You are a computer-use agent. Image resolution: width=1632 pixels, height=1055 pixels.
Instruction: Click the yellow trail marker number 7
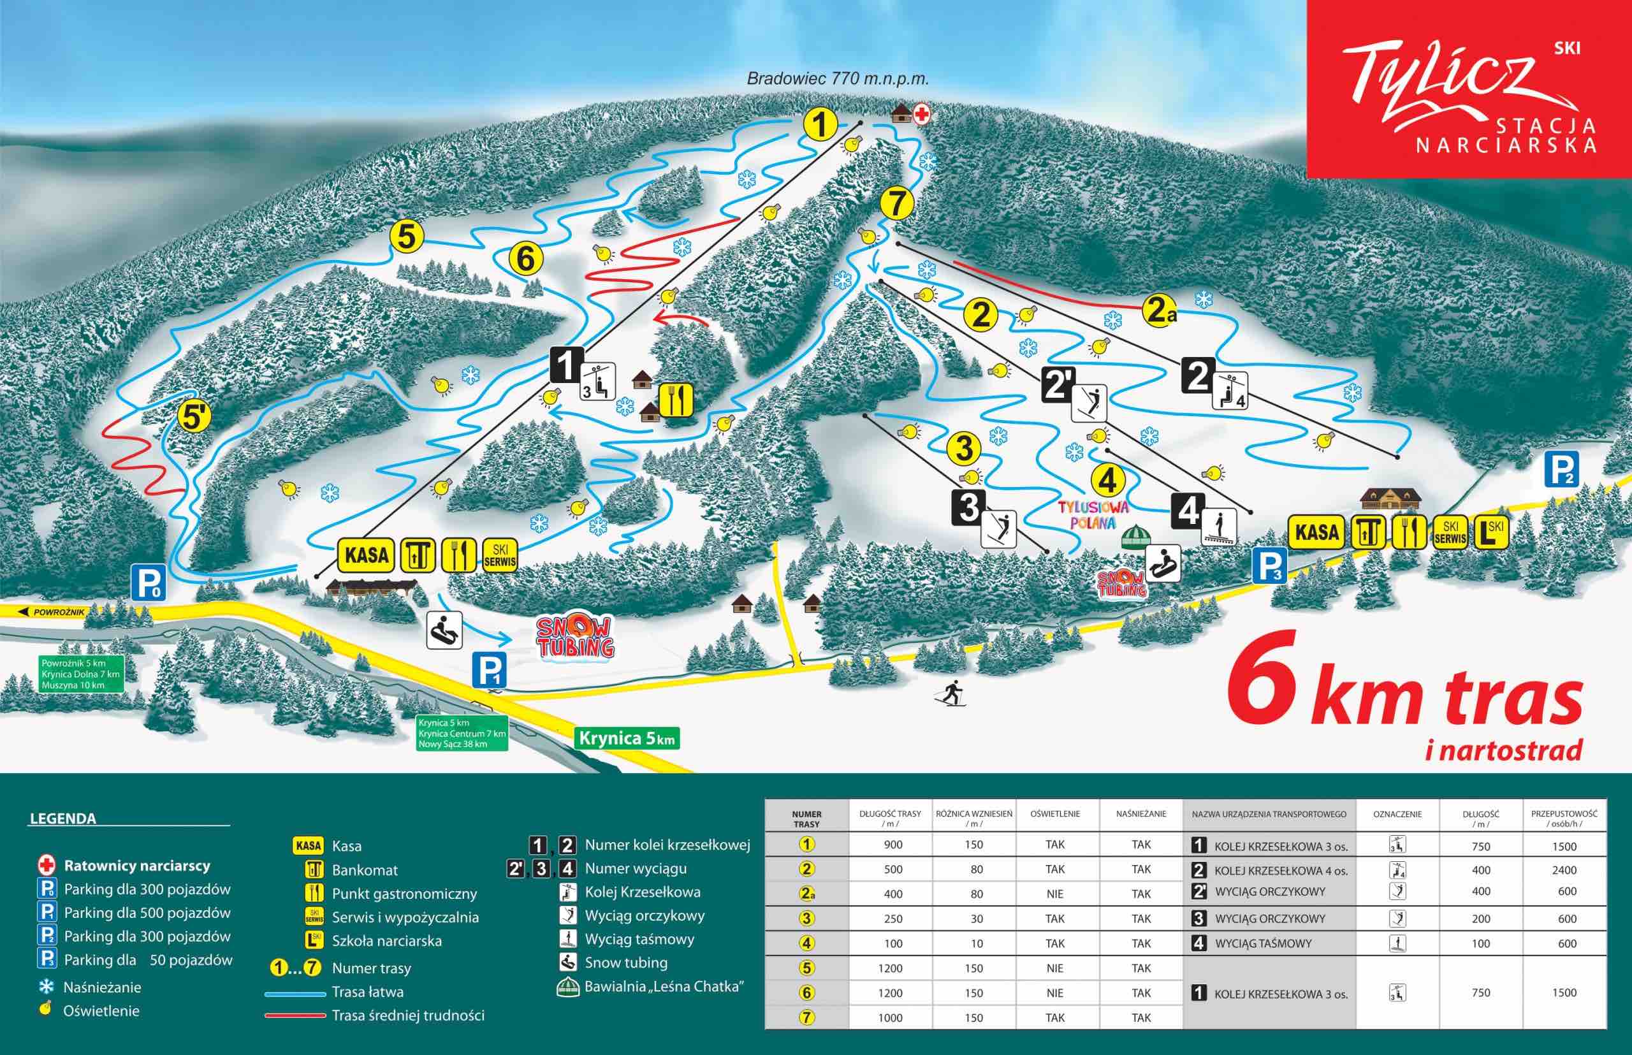897,203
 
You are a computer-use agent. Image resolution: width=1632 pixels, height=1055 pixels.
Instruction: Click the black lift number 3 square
969,507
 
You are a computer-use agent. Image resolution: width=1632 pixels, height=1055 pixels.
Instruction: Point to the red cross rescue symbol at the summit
922,114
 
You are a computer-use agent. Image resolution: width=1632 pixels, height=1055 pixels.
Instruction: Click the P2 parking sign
1561,470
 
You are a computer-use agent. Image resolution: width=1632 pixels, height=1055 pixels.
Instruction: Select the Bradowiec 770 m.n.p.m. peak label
837,79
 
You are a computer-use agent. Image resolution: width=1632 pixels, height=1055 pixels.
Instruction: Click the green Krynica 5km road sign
626,738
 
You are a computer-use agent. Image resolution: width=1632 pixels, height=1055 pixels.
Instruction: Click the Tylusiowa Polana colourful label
1093,514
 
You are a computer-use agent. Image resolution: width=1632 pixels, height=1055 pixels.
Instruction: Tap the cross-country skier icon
952,694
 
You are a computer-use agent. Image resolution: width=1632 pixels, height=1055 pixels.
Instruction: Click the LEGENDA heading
63,819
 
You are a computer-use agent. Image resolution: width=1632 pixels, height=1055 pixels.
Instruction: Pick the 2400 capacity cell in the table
1564,870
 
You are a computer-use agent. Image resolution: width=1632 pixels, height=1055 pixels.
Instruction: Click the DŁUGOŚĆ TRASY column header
890,818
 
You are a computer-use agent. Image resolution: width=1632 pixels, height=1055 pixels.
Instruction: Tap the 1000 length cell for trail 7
890,1018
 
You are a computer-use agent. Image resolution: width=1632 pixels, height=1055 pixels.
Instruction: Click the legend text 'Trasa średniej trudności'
407,1015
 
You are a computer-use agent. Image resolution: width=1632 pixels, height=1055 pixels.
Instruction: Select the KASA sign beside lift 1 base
367,555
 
